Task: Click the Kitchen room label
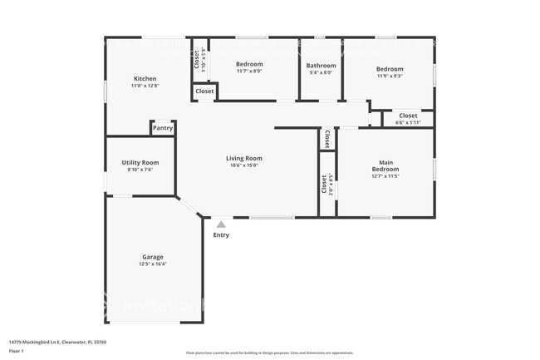tap(145, 79)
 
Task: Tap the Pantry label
tap(162, 128)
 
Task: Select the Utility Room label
tap(140, 162)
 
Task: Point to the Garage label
tap(151, 257)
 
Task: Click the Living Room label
tap(244, 158)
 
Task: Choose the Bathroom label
tap(321, 65)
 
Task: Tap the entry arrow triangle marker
tap(221, 223)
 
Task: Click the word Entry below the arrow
tap(221, 234)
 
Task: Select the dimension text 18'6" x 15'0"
tap(244, 165)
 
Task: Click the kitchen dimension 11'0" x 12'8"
tap(145, 86)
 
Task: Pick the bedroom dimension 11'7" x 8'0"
tap(249, 72)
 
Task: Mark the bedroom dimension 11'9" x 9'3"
tap(389, 76)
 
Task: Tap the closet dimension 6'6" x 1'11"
tap(408, 122)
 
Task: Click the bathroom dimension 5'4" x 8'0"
tap(321, 72)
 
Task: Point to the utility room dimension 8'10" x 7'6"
tap(140, 169)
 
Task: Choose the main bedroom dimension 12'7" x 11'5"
tap(385, 176)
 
